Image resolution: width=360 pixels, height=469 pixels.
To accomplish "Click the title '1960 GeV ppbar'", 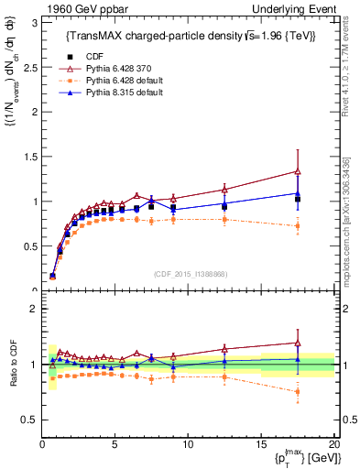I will [x=79, y=8].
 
